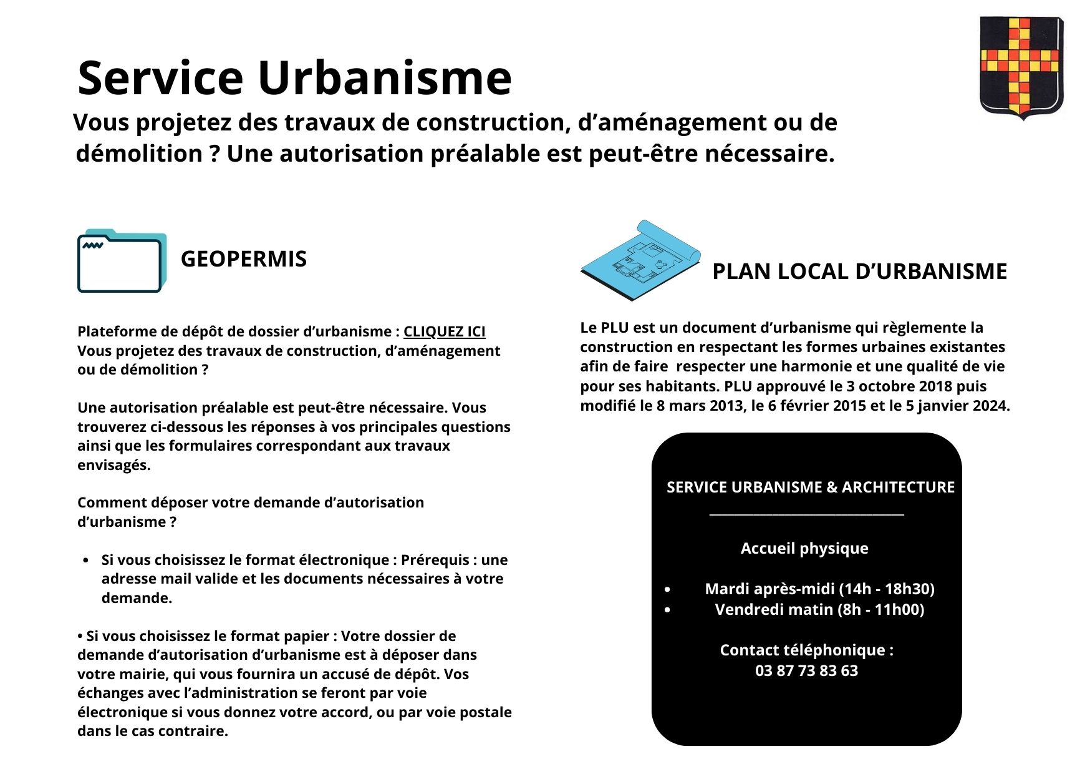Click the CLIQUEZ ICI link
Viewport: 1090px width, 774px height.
click(x=444, y=331)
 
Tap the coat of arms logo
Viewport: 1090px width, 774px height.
click(x=1021, y=67)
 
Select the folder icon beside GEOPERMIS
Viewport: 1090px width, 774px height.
click(x=122, y=261)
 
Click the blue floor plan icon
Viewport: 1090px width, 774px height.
click(x=640, y=260)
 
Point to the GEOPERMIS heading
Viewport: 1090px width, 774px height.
click(x=243, y=259)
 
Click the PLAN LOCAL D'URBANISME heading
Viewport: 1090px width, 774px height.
click(x=859, y=272)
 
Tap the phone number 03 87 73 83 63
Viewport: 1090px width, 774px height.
click(x=806, y=671)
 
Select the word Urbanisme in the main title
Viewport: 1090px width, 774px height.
click(x=384, y=78)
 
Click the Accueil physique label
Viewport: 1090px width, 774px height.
click(x=804, y=549)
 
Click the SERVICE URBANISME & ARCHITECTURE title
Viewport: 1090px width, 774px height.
click(x=810, y=487)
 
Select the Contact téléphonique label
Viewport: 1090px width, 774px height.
click(x=806, y=650)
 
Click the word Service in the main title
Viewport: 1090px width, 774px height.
click(x=160, y=78)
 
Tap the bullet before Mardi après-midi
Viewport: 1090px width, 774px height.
click(x=668, y=590)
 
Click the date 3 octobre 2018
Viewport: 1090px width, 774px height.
click(x=899, y=386)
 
